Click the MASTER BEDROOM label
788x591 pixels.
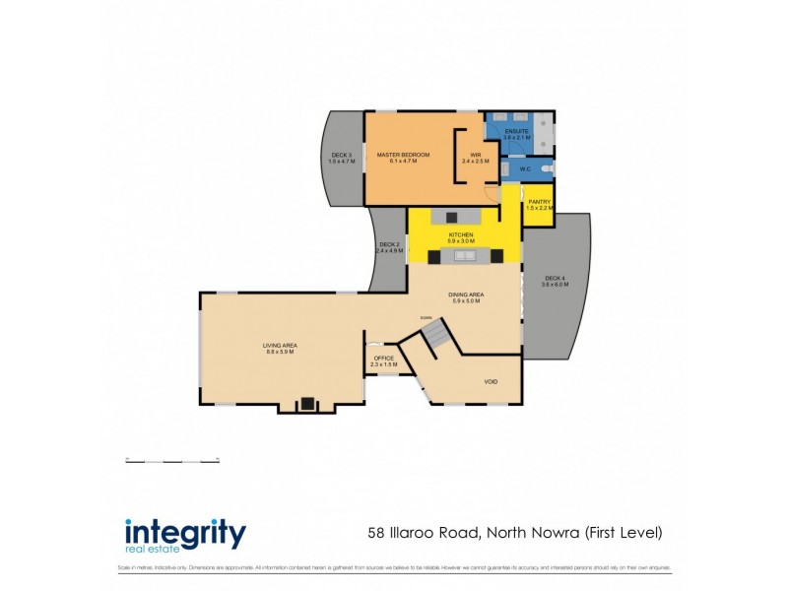tap(397, 155)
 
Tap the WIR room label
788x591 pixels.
tap(475, 155)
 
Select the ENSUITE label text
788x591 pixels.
tap(517, 131)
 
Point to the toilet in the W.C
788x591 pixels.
tap(547, 169)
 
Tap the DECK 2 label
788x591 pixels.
tap(388, 244)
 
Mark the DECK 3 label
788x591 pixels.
tap(342, 155)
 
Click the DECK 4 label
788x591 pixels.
tap(556, 278)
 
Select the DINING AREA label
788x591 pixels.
tap(465, 295)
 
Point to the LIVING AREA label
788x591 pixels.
tap(280, 345)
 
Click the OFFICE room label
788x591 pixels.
tap(383, 359)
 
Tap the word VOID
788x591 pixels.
tap(491, 380)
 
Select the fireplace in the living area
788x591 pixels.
tap(306, 403)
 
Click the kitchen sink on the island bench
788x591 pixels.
tap(463, 256)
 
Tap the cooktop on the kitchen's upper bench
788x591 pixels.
tap(452, 217)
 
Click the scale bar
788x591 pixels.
tap(172, 461)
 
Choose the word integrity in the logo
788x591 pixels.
tap(184, 533)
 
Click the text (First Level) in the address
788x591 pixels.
tap(624, 533)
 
